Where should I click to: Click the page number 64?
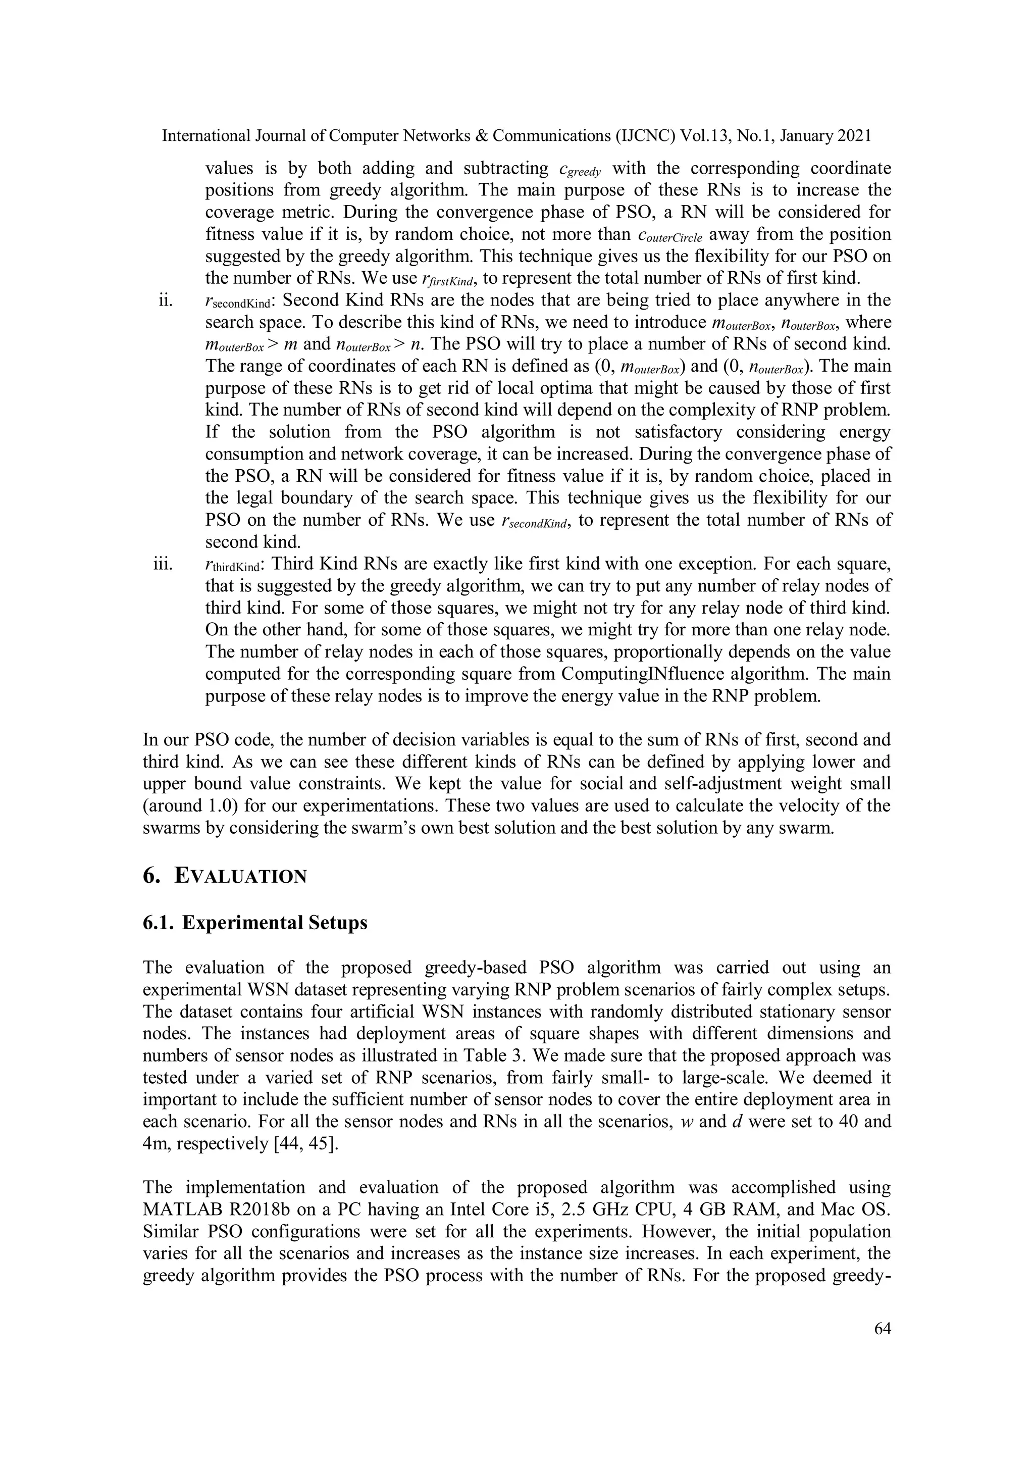click(x=882, y=1328)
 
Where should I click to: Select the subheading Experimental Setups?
click(x=275, y=923)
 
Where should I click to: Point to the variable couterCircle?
click(x=669, y=236)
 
